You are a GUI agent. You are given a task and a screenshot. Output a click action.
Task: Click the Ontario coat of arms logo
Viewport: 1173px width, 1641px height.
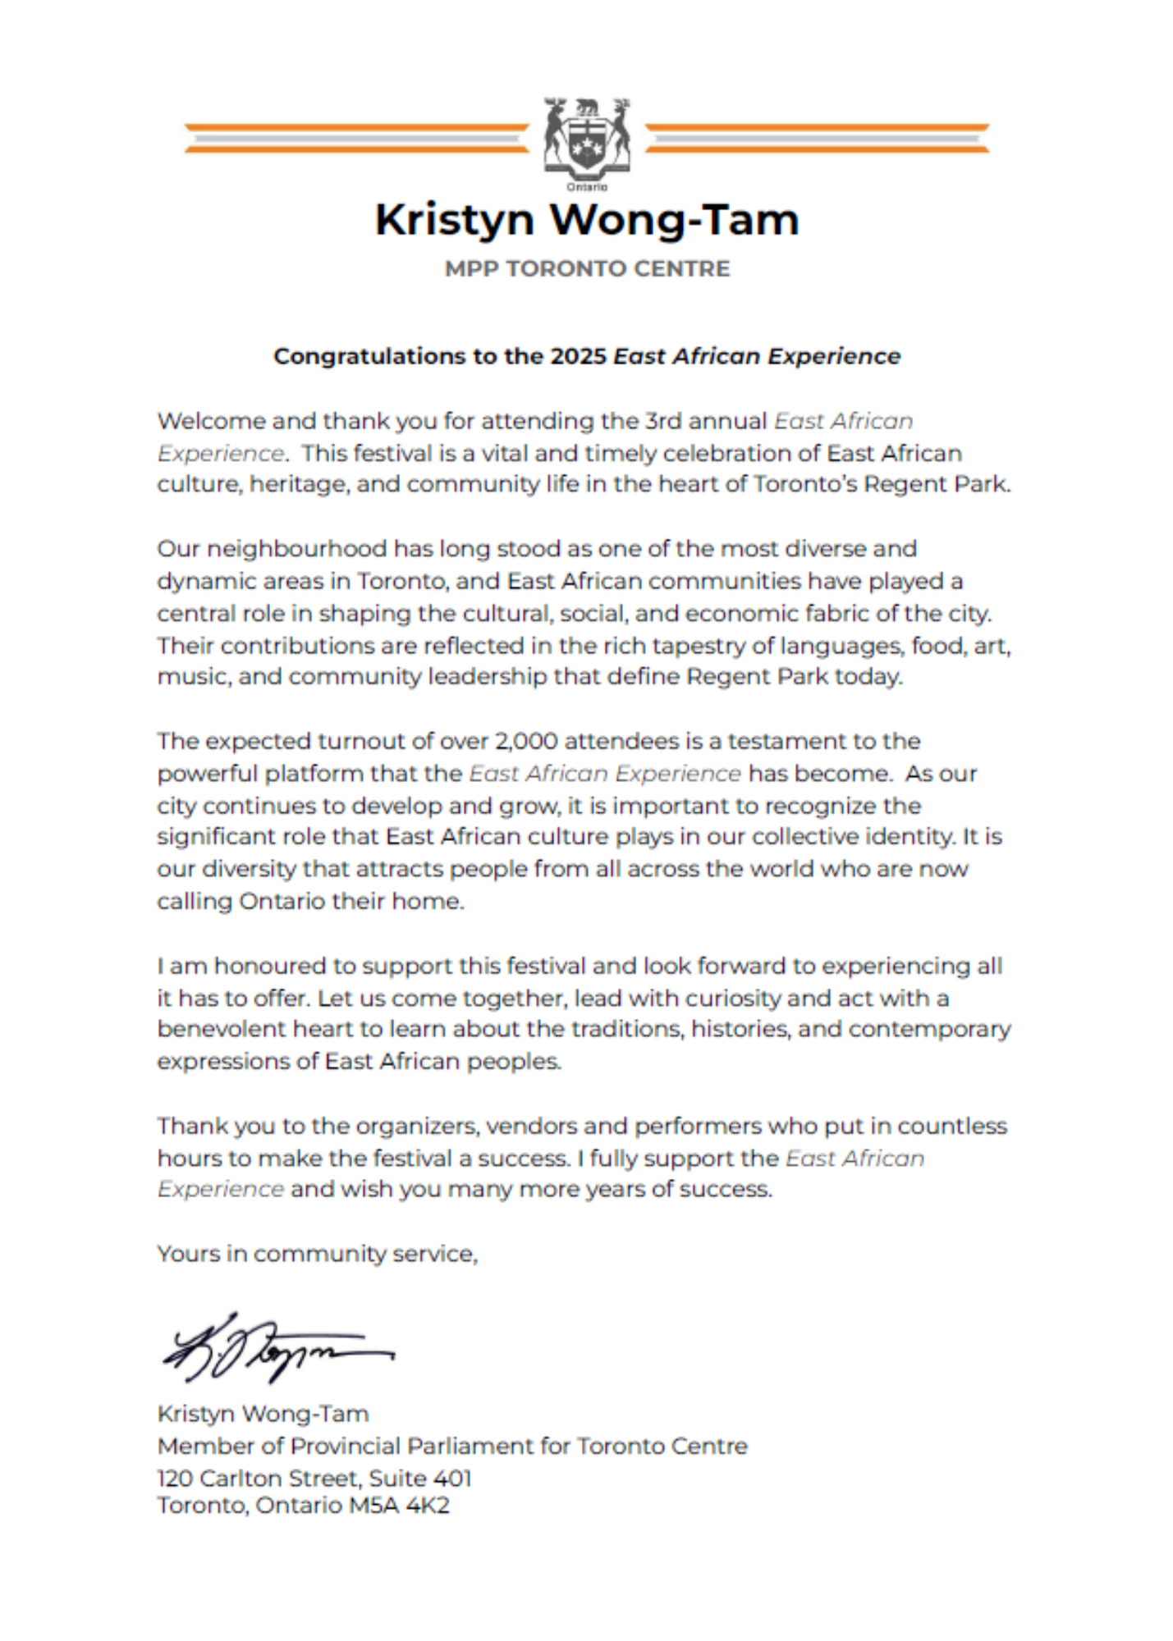click(586, 141)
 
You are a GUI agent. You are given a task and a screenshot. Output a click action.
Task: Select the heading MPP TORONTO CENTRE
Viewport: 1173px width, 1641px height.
click(586, 269)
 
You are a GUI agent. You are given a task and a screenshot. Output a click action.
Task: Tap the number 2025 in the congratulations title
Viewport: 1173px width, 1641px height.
click(578, 356)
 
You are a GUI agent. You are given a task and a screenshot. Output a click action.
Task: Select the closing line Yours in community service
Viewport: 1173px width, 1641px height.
click(317, 1254)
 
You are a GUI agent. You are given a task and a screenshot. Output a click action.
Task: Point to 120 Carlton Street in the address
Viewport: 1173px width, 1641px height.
click(258, 1478)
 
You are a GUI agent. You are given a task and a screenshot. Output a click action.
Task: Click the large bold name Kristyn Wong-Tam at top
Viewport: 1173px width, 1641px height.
click(586, 220)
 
